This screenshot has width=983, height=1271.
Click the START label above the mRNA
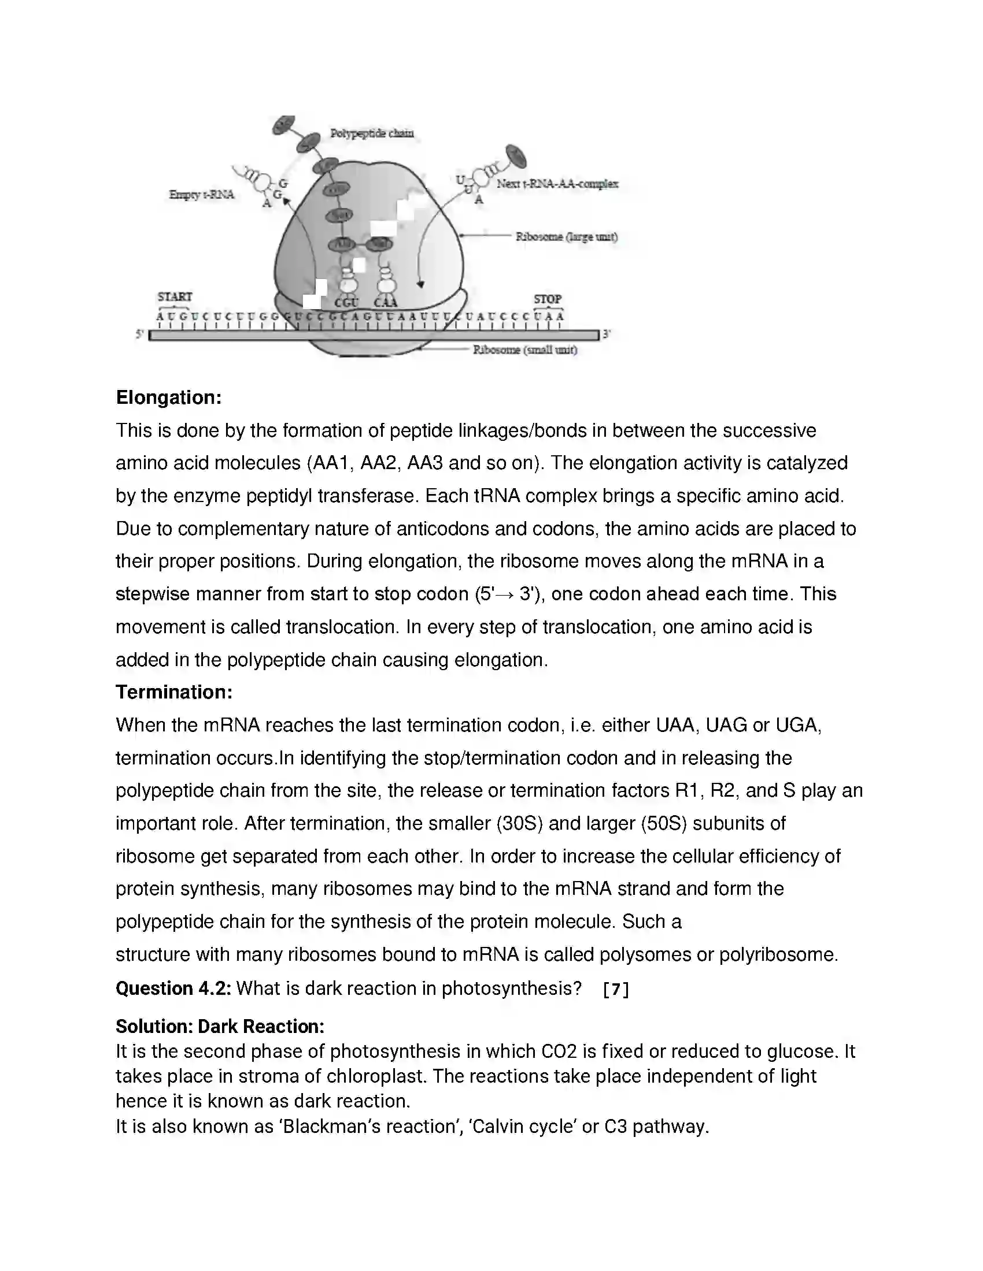point(175,297)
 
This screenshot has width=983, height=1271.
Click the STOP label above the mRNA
point(548,299)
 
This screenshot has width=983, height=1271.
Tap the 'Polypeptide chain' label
point(372,133)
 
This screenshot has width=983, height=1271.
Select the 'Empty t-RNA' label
point(201,195)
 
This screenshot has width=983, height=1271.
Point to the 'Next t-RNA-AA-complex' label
point(557,184)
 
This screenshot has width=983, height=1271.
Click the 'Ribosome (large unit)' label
point(566,237)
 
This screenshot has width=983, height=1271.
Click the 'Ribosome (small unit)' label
point(524,350)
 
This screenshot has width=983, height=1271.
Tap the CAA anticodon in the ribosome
point(386,303)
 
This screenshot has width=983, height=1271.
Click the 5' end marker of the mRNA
point(140,335)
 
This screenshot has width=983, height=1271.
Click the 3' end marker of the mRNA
point(607,335)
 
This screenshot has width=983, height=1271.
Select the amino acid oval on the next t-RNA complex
point(516,156)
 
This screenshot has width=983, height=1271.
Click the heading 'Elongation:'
point(168,397)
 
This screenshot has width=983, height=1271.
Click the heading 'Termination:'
point(173,692)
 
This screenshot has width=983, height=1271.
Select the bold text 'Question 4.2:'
point(173,988)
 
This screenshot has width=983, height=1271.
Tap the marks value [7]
point(616,989)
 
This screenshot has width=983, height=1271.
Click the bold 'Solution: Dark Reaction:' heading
point(220,1026)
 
